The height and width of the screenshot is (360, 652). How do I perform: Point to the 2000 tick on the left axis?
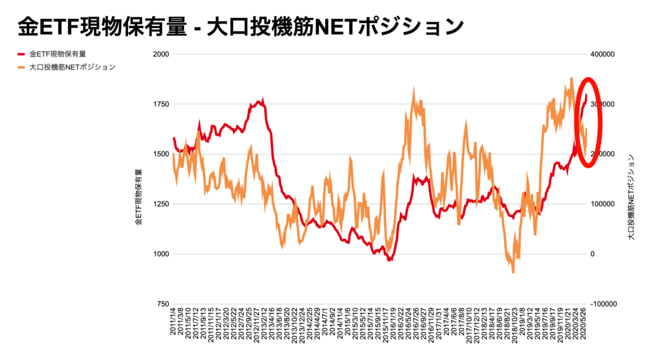tap(160, 54)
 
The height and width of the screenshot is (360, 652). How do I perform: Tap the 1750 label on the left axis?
tap(160, 104)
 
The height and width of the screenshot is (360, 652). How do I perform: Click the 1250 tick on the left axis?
tap(160, 204)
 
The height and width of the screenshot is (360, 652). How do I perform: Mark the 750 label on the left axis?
tap(162, 304)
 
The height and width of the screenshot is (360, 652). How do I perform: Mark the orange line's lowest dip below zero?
tap(513, 272)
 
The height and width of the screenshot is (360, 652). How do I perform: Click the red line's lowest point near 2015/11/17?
tap(390, 260)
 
